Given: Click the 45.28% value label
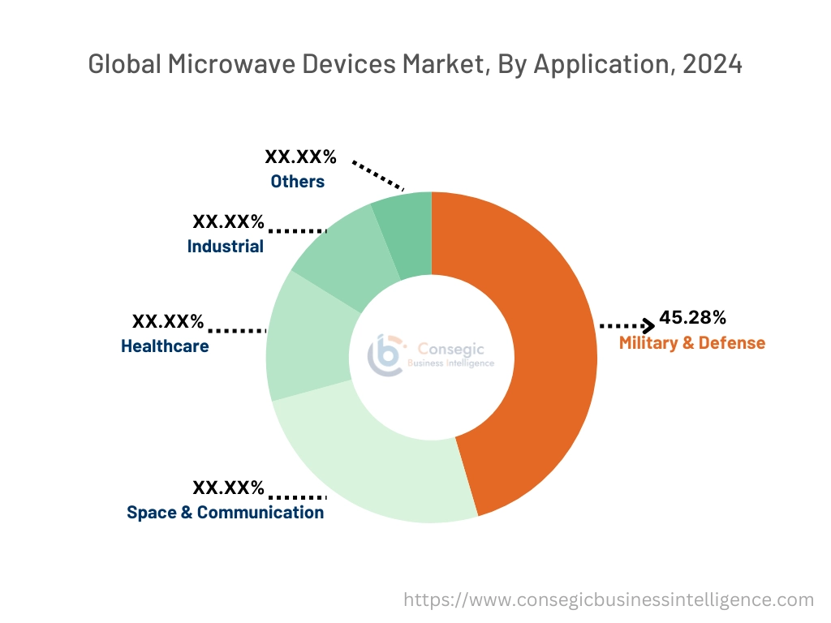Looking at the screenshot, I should [x=692, y=317].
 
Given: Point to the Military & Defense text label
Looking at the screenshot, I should [x=691, y=342].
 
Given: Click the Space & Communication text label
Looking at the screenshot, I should [x=225, y=512].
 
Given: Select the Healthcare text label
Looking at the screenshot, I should [x=165, y=346].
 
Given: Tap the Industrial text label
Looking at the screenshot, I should [x=225, y=246].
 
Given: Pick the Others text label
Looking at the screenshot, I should [x=297, y=182].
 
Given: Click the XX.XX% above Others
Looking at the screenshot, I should [x=300, y=157].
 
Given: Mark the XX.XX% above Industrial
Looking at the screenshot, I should [x=228, y=221].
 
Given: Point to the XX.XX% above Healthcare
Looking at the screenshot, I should [x=168, y=321].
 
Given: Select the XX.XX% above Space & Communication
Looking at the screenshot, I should [x=228, y=488].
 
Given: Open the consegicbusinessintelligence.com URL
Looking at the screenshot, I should [x=609, y=600].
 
